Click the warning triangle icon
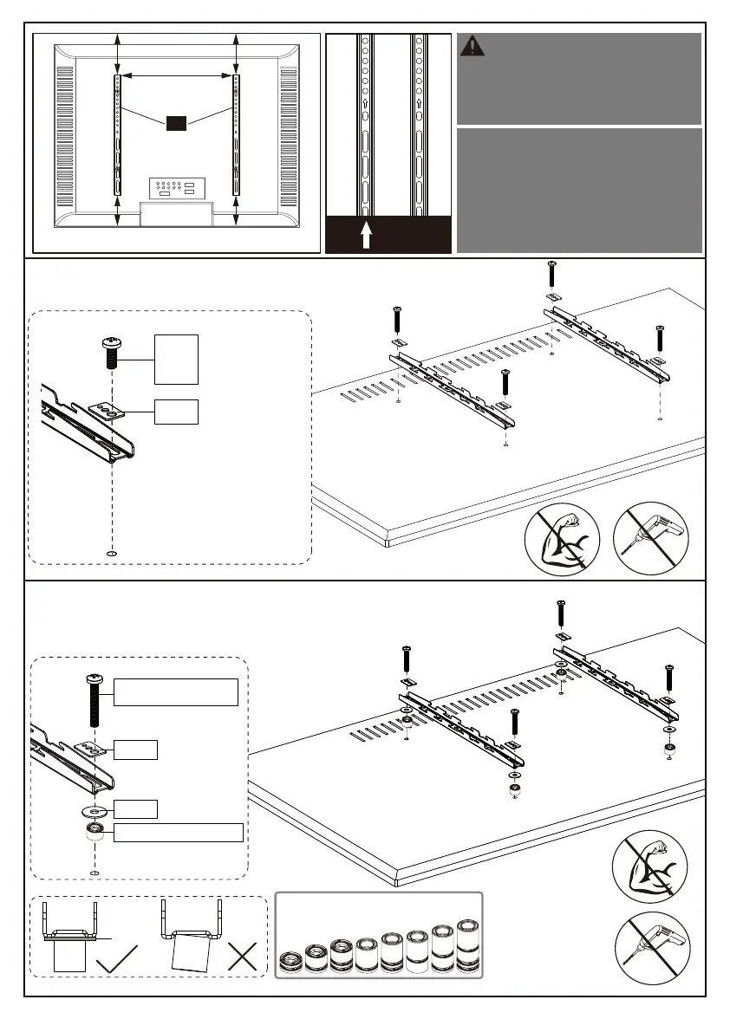pos(473,46)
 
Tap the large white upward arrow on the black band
pos(366,235)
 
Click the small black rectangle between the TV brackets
pos(176,123)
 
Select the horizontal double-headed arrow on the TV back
pos(176,77)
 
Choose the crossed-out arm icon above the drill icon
pos(650,866)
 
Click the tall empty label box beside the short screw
pos(176,359)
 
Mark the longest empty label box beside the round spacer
pos(179,833)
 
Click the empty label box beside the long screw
pos(176,692)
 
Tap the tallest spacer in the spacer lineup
pos(467,950)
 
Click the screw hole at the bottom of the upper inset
pos(112,552)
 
